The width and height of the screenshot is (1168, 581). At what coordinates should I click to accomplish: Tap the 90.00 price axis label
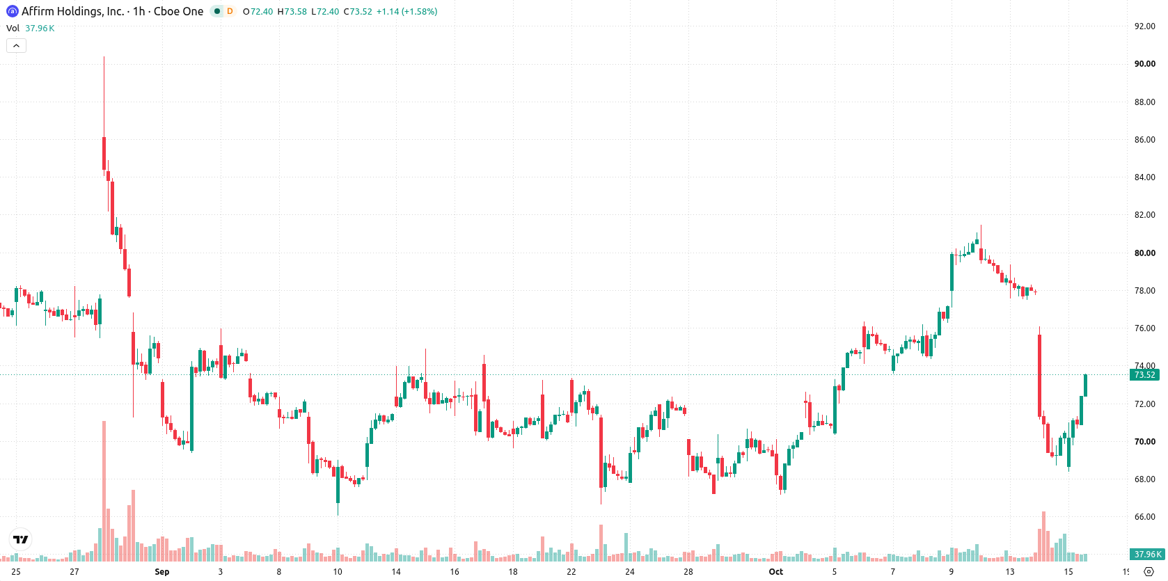pos(1144,63)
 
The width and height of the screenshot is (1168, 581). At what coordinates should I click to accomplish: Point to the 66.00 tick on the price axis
pos(1144,516)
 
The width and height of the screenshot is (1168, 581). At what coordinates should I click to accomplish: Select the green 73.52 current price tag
pos(1144,374)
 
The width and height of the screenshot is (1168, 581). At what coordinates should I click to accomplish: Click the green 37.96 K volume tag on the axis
pos(1147,554)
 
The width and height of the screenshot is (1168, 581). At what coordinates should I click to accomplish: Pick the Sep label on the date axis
pos(162,572)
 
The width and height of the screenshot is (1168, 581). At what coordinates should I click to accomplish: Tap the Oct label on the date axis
pos(776,572)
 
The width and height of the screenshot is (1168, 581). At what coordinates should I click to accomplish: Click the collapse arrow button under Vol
pos(16,46)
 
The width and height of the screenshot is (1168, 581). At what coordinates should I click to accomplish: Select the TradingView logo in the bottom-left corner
pos(21,539)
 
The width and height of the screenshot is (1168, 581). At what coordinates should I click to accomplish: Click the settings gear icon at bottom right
pos(1149,572)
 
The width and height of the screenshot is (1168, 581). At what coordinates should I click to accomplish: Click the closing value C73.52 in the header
pos(358,11)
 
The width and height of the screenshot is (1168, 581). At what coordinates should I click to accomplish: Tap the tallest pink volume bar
pos(104,491)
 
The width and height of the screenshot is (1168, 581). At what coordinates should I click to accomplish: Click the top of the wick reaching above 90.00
pos(104,57)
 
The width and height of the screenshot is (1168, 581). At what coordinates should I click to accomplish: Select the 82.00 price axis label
pos(1144,215)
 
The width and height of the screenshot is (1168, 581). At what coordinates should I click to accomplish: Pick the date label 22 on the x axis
pos(571,572)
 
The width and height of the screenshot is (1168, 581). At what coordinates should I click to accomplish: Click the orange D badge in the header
pos(230,11)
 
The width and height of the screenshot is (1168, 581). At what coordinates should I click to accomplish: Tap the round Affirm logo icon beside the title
pos(12,11)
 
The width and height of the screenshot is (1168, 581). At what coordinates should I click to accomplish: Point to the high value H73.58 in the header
pos(292,11)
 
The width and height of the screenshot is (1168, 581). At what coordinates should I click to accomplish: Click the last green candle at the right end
pos(1086,385)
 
